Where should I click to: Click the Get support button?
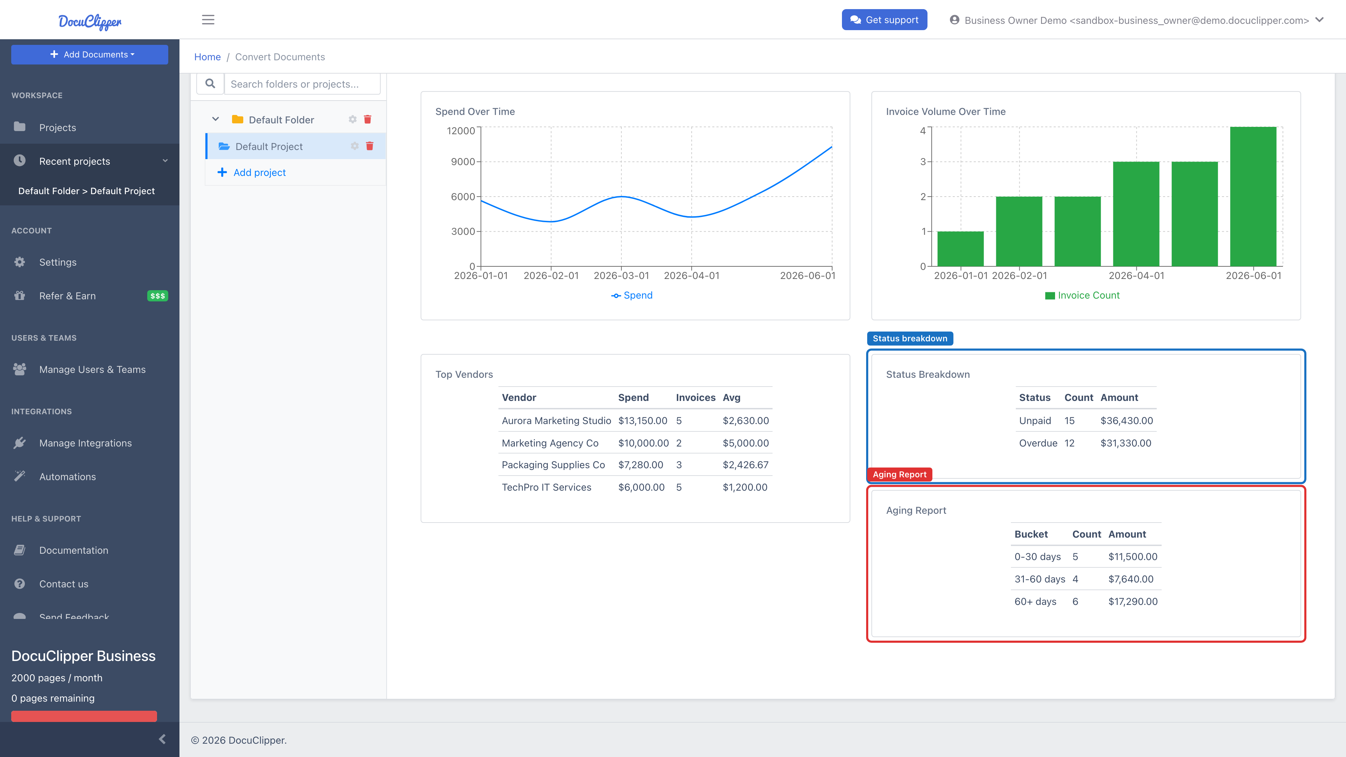884,20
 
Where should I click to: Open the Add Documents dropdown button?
89,54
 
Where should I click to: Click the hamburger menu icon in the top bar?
208,20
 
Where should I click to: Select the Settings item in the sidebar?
57,262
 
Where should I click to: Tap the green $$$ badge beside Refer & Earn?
157,296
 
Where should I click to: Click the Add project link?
259,172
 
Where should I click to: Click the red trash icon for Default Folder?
367,119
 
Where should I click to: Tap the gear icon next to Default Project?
355,146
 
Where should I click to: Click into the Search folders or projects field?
302,84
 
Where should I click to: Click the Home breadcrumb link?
208,57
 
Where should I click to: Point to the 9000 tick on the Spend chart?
463,162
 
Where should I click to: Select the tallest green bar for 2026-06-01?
1253,196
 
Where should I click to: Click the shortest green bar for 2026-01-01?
960,249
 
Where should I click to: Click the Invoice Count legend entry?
1082,295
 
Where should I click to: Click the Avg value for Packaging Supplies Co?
746,465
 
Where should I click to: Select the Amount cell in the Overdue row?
1126,443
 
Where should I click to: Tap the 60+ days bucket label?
1035,601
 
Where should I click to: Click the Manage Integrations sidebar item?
85,443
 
